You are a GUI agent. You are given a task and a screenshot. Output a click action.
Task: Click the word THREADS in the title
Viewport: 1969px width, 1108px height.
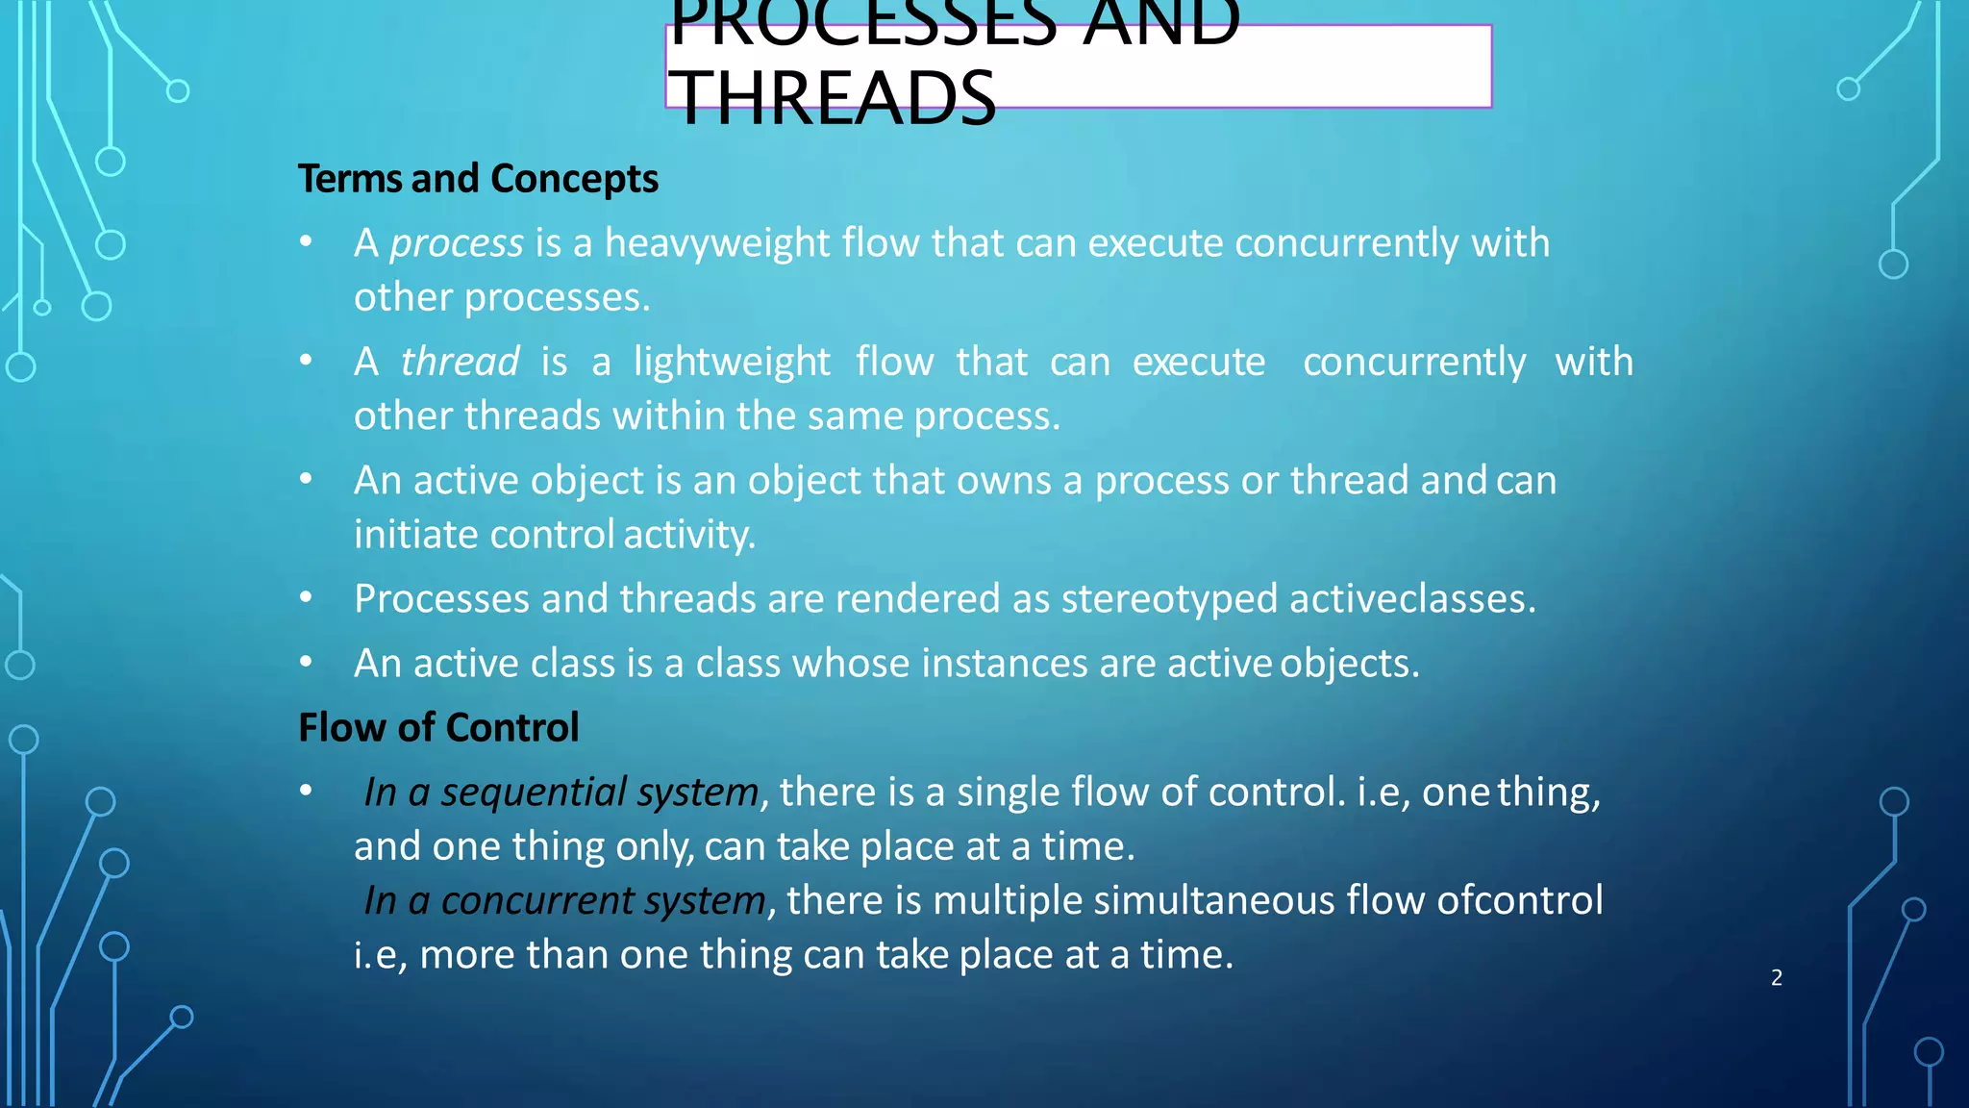coord(833,98)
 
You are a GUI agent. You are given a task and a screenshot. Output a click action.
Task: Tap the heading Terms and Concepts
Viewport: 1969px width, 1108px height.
coord(478,179)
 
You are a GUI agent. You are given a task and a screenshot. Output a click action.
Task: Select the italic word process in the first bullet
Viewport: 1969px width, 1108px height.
coord(457,243)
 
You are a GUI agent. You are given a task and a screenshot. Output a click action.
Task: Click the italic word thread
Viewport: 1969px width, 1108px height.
coord(460,363)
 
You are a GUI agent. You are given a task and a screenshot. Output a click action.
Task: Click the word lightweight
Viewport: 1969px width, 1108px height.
coord(732,363)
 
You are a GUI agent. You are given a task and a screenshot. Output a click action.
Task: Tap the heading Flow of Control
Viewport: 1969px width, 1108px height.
coord(438,727)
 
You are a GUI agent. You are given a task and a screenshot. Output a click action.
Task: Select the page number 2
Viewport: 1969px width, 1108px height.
coord(1776,978)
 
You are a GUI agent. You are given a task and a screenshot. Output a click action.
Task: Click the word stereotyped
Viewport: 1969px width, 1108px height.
coord(1169,599)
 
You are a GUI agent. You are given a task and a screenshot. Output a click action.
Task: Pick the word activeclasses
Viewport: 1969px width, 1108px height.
coord(1412,599)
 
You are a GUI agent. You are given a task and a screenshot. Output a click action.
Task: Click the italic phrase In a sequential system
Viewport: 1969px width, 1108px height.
coord(561,793)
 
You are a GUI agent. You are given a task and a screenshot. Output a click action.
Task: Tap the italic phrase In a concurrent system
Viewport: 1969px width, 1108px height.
coord(565,901)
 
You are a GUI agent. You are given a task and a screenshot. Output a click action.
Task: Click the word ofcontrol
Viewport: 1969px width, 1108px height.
coord(1519,901)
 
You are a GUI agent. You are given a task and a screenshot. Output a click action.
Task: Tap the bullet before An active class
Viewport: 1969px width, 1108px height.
coord(306,662)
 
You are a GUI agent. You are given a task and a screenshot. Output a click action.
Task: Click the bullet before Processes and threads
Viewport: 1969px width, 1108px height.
coord(306,597)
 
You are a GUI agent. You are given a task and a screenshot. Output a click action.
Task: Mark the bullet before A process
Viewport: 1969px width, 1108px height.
coord(306,241)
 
